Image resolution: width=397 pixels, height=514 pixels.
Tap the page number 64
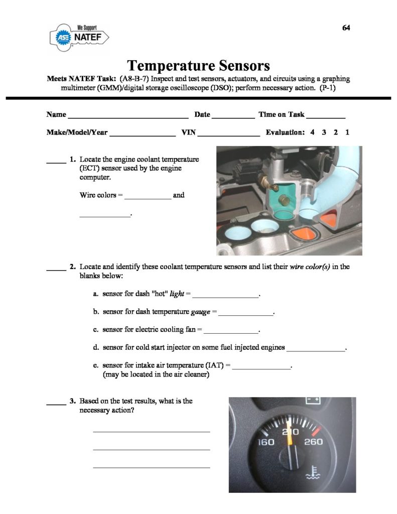click(x=346, y=28)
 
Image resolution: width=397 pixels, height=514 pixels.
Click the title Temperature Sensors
click(x=198, y=65)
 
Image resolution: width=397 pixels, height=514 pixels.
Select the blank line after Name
click(x=128, y=115)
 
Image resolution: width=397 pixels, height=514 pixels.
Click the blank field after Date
click(x=233, y=115)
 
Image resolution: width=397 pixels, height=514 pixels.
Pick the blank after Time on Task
click(x=326, y=115)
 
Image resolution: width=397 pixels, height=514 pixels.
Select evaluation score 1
click(x=347, y=133)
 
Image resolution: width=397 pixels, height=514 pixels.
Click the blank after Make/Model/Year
click(x=142, y=135)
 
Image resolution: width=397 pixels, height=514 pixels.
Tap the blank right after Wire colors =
click(x=148, y=197)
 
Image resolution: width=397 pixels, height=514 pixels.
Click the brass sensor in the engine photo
click(x=284, y=200)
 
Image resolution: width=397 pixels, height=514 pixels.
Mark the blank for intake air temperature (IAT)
click(x=261, y=368)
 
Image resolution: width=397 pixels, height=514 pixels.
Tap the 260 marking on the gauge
click(x=313, y=442)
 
